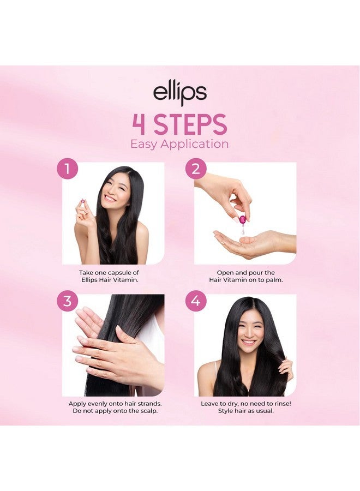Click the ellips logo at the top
[x=179, y=93]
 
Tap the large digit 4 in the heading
[x=139, y=124]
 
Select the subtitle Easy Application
[x=179, y=144]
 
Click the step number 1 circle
[x=67, y=169]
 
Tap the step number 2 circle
[x=195, y=169]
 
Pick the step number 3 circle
[x=67, y=301]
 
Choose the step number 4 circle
[x=195, y=301]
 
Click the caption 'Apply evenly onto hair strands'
[x=115, y=406]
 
